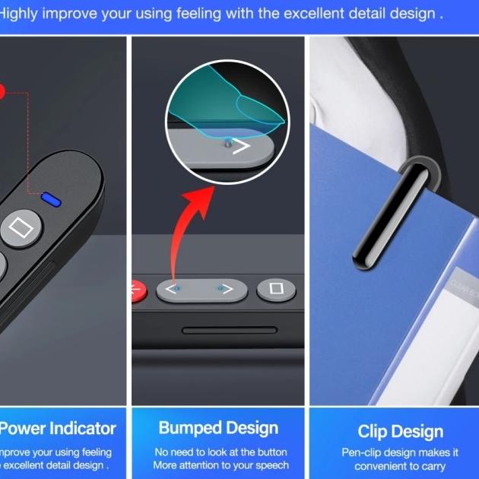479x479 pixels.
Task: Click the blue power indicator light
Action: (52, 200)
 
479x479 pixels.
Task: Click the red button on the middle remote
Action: (138, 290)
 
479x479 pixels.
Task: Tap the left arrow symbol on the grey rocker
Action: (167, 290)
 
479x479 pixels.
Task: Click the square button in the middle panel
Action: (277, 290)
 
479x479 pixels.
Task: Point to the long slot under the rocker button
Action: (229, 331)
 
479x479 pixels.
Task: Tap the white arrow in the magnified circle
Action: (242, 146)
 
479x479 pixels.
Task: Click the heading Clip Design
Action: (401, 432)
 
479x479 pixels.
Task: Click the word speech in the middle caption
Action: (271, 465)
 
